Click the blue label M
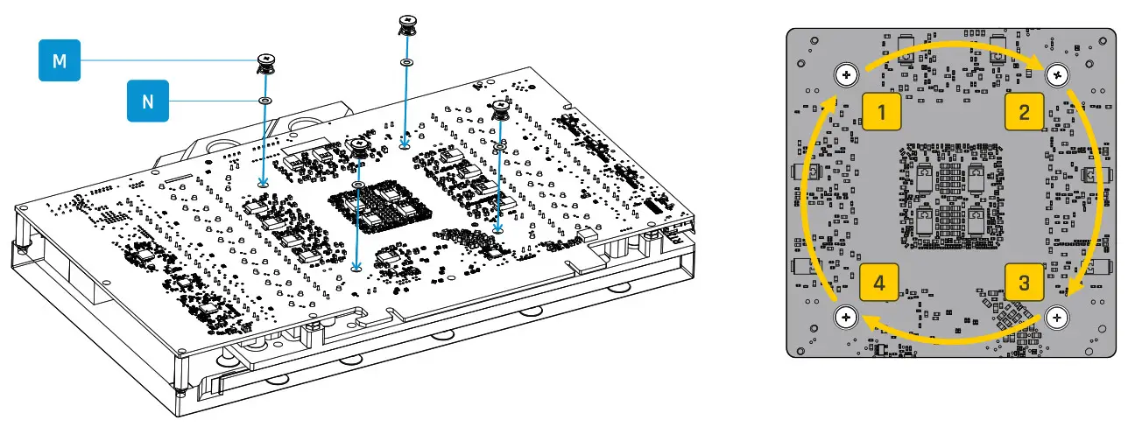click(60, 61)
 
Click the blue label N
click(148, 101)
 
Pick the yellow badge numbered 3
click(1024, 283)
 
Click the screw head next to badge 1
click(847, 75)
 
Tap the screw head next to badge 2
click(1059, 75)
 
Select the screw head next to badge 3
click(1059, 317)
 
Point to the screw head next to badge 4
click(847, 317)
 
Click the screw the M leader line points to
click(264, 64)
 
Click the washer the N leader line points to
click(264, 101)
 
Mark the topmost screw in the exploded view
click(407, 24)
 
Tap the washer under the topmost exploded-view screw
click(406, 63)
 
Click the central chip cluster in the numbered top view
click(953, 194)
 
